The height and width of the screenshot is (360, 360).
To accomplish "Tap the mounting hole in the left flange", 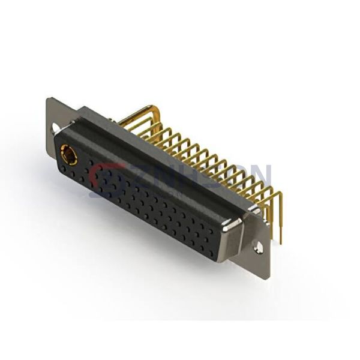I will pos(56,128).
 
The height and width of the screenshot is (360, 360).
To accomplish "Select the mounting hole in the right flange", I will pos(260,246).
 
